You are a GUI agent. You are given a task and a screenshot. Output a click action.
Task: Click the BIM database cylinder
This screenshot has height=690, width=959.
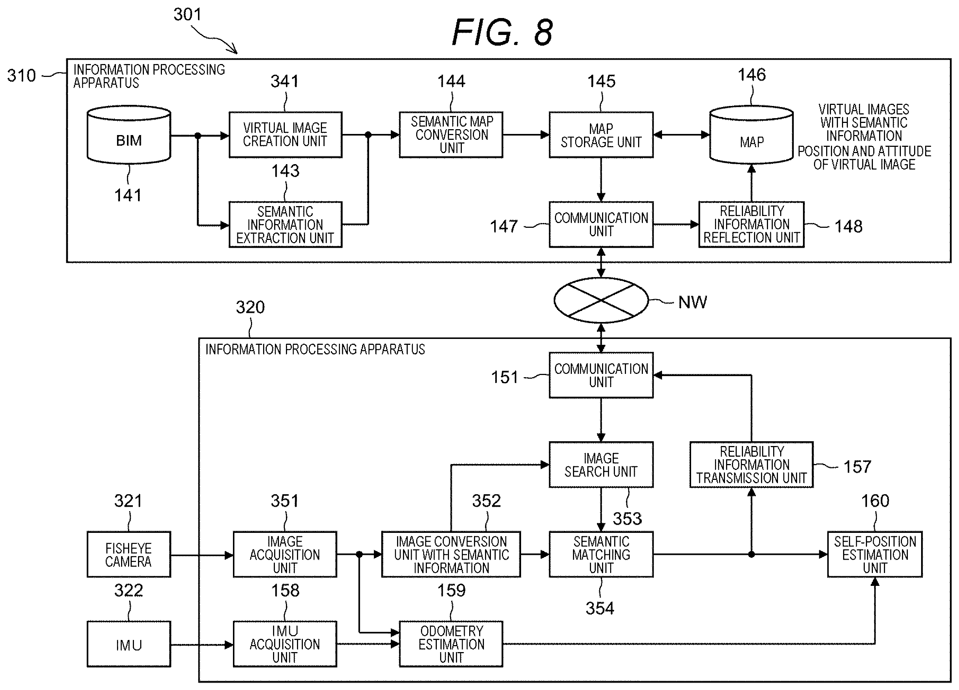(129, 134)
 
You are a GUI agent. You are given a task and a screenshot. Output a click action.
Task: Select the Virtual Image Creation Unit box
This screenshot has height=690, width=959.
(286, 135)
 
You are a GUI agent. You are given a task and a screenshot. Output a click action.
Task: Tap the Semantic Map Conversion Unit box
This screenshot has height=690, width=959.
(451, 135)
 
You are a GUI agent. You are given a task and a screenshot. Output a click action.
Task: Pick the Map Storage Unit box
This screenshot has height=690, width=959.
(601, 135)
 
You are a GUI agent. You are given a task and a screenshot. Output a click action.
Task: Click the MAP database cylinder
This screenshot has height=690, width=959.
(751, 134)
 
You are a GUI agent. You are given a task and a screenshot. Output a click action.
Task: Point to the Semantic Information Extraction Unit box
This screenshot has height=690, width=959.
(286, 224)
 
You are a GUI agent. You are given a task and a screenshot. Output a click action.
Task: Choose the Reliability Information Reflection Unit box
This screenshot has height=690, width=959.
(751, 224)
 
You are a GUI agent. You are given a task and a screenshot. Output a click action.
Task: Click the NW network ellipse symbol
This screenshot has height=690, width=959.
(601, 300)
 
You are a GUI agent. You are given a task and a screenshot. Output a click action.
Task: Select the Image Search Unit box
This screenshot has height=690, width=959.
(601, 465)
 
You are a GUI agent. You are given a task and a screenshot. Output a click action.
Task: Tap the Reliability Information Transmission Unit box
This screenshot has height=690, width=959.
(751, 465)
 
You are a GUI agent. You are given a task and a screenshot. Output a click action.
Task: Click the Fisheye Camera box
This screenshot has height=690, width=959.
(129, 554)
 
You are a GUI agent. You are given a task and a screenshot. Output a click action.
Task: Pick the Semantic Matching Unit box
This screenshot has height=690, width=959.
(601, 554)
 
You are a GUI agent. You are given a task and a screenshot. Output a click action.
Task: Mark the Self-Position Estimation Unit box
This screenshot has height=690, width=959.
(875, 554)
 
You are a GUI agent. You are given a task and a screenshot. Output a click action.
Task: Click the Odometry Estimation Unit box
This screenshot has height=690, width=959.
(451, 644)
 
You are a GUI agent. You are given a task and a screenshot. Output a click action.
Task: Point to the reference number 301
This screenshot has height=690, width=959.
(187, 15)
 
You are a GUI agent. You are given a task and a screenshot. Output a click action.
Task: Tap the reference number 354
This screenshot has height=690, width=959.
(599, 608)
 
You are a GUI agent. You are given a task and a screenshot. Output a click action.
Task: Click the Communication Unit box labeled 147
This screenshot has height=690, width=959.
(601, 224)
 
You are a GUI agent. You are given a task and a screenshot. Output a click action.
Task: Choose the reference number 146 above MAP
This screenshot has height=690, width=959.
(752, 75)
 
